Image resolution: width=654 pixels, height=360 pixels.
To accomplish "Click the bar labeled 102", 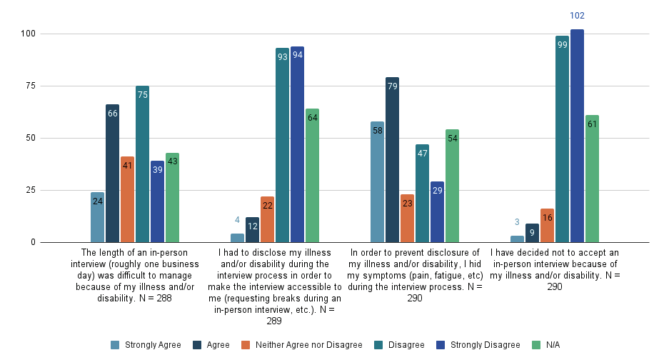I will click(x=577, y=136).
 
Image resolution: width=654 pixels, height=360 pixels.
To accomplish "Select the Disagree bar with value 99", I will click(x=562, y=139).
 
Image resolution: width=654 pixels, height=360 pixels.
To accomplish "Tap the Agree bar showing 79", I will click(x=392, y=160).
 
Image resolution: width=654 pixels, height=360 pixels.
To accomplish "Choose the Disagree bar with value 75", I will click(x=142, y=164).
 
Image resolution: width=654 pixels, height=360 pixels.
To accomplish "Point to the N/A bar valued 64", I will click(x=312, y=176).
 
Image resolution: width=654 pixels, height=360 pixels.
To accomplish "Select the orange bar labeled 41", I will click(x=127, y=199).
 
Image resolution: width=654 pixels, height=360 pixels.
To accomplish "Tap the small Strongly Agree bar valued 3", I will click(x=517, y=239).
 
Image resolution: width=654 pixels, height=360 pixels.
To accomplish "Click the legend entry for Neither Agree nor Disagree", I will click(x=304, y=345).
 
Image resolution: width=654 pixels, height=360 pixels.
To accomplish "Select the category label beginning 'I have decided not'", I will click(x=555, y=269).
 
